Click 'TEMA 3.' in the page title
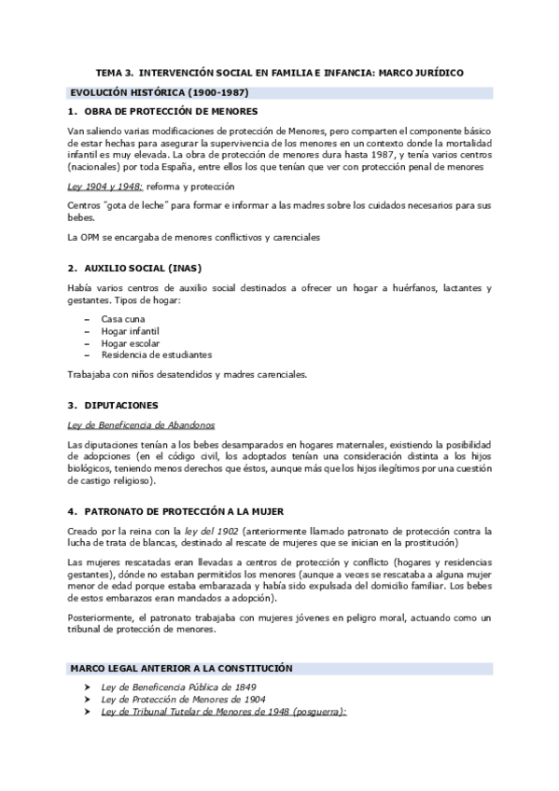[117, 72]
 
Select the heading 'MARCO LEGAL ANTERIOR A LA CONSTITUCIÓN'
[183, 669]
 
